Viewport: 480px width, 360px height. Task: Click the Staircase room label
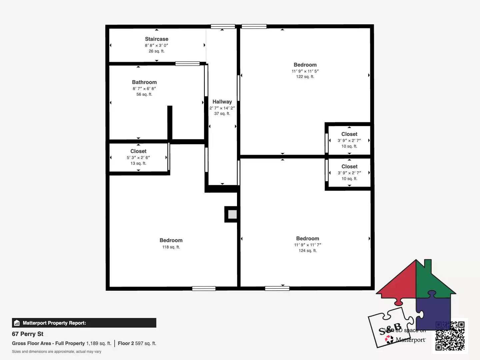[156, 39]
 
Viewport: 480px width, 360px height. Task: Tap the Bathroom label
[144, 82]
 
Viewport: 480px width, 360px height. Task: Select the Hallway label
[222, 102]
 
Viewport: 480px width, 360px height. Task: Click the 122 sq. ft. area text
[305, 77]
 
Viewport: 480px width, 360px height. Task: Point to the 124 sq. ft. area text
[307, 251]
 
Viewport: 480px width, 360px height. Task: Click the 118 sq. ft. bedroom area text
[171, 247]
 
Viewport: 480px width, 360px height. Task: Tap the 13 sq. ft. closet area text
[138, 163]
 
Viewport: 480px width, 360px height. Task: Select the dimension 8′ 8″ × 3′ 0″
[156, 45]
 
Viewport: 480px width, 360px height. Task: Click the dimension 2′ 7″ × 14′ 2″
[222, 108]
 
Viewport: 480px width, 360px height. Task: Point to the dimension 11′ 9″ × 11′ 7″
[307, 245]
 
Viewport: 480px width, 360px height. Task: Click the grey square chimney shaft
[232, 214]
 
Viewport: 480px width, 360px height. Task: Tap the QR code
[450, 336]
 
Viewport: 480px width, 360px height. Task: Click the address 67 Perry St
[28, 334]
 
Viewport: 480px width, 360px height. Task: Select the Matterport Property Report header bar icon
[17, 323]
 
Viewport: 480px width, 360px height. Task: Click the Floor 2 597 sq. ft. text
[137, 343]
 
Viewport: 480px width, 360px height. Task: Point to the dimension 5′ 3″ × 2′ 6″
[138, 158]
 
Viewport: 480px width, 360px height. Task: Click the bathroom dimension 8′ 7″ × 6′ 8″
[144, 89]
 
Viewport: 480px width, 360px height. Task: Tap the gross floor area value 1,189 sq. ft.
[99, 343]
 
